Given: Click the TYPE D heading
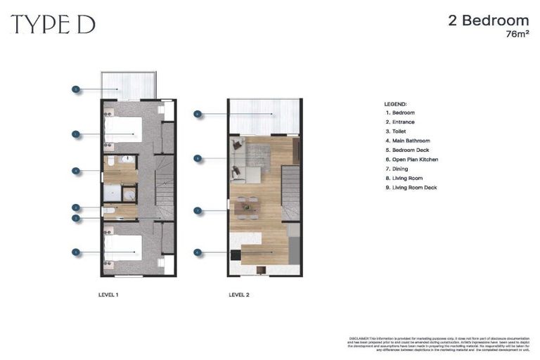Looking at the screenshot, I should pos(53,25).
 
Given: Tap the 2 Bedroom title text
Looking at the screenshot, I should pos(488,20).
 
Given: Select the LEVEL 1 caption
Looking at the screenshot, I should pos(108,295).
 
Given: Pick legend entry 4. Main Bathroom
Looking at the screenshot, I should pos(408,141).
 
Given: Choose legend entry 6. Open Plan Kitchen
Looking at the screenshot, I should pos(411,160).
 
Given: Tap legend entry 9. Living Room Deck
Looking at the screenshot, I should pos(411,188).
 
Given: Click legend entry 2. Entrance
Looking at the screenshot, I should pos(400,122).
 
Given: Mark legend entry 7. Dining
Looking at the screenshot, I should pos(397,169).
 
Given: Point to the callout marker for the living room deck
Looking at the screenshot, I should pos(198,113).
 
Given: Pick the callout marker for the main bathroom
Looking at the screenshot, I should pos(75,170).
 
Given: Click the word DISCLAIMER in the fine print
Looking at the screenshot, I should pos(359,338).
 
